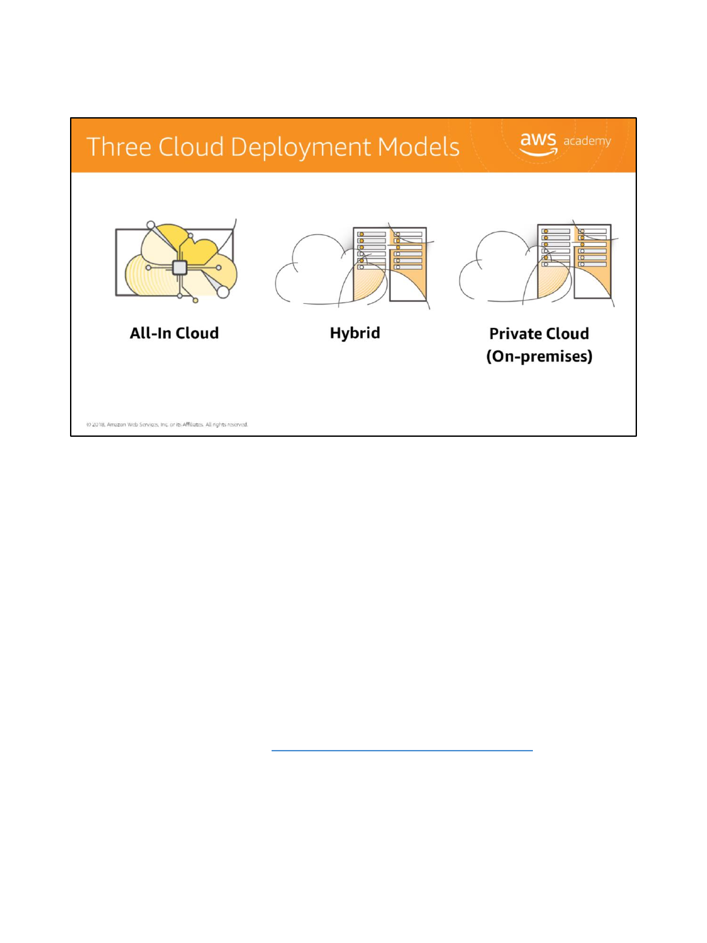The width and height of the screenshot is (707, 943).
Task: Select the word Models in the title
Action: [x=419, y=147]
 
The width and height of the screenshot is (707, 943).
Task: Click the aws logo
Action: [x=538, y=142]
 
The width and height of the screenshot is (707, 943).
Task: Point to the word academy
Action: [x=587, y=141]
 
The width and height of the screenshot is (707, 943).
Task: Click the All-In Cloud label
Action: [x=174, y=333]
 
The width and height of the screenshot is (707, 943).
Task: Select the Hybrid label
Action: [x=355, y=333]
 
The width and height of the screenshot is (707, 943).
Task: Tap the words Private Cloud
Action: [x=539, y=334]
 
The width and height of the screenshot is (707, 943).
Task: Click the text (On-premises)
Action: [x=539, y=356]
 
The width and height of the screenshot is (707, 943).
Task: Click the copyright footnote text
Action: [x=167, y=424]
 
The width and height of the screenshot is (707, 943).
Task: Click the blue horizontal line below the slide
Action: [x=402, y=750]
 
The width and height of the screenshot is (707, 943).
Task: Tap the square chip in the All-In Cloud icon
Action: [x=179, y=267]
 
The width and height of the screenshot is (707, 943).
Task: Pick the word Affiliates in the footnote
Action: [x=193, y=424]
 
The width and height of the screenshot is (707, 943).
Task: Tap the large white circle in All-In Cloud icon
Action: [x=223, y=292]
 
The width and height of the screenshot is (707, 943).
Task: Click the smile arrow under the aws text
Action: [x=538, y=153]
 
